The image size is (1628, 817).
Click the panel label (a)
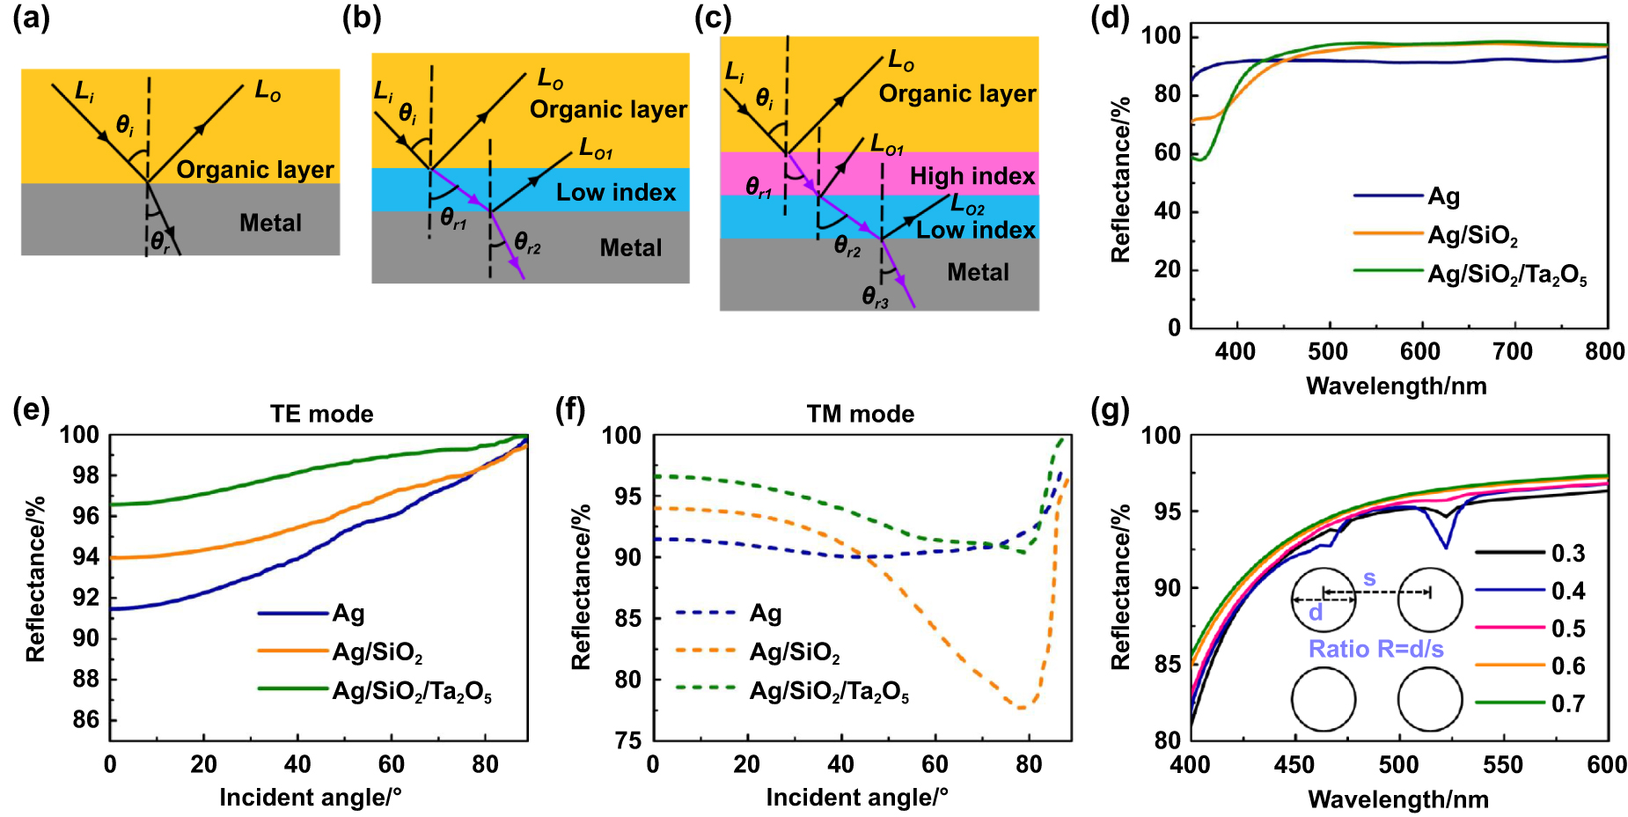pos(32,18)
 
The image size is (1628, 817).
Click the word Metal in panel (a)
pos(270,223)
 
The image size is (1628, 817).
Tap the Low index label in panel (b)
pos(616,192)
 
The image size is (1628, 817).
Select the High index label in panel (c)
pos(972,176)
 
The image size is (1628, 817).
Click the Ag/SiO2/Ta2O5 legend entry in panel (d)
pos(1507,275)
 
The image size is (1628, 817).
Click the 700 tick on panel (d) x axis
pos(1513,351)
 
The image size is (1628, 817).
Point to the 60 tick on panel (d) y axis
pos(1167,152)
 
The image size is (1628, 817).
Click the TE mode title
pos(321,414)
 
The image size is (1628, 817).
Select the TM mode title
pos(860,414)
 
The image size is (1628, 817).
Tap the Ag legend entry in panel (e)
pos(348,613)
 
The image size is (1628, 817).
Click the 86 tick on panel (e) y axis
pos(85,719)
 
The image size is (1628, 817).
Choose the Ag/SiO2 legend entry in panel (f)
pos(795,652)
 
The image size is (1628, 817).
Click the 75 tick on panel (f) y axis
pos(627,740)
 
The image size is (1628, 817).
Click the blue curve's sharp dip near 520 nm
pos(1446,548)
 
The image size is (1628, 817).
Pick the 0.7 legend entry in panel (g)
pos(1567,703)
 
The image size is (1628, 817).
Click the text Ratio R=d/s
pos(1375,649)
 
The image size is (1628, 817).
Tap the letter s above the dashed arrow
pos(1369,578)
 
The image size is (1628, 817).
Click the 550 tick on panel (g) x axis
pos(1503,764)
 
